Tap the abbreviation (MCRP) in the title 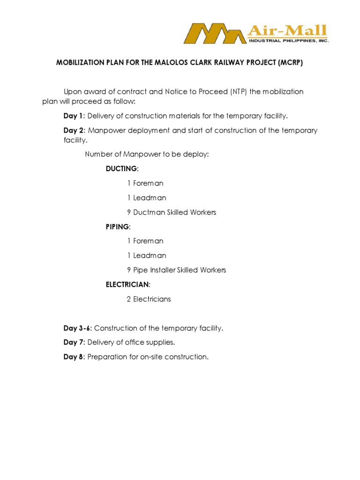click(x=288, y=63)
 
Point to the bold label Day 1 click(x=73, y=116)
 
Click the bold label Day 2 click(x=73, y=130)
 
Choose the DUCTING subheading click(x=122, y=169)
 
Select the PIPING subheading click(x=118, y=226)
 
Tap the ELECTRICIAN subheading click(x=128, y=285)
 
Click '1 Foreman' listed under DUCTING click(x=145, y=183)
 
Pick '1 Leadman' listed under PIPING click(x=146, y=255)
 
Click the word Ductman click(x=149, y=212)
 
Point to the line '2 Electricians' click(x=149, y=299)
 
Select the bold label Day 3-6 click(x=78, y=328)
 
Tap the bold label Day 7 click(x=73, y=343)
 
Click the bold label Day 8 click(x=73, y=357)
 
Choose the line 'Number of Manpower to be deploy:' click(x=146, y=154)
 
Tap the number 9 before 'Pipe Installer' click(x=129, y=270)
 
